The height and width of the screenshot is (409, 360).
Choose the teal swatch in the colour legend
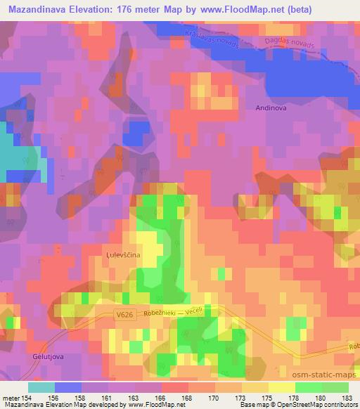(41, 387)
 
